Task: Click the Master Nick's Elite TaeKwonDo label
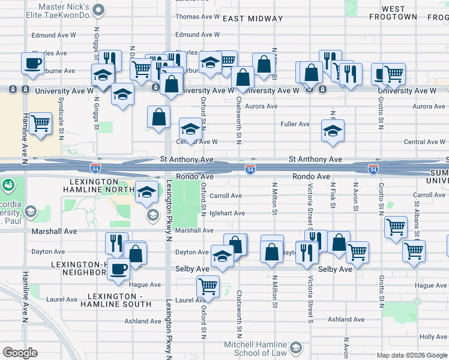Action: coord(64,11)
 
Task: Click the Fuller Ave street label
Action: coord(295,124)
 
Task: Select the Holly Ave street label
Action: coord(433,337)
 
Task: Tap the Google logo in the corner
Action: coord(20,353)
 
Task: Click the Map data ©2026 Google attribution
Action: coord(411,355)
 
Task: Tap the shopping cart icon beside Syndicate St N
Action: coord(40,124)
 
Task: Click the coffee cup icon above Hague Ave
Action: coord(119,269)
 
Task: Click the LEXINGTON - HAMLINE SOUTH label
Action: coord(119,300)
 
